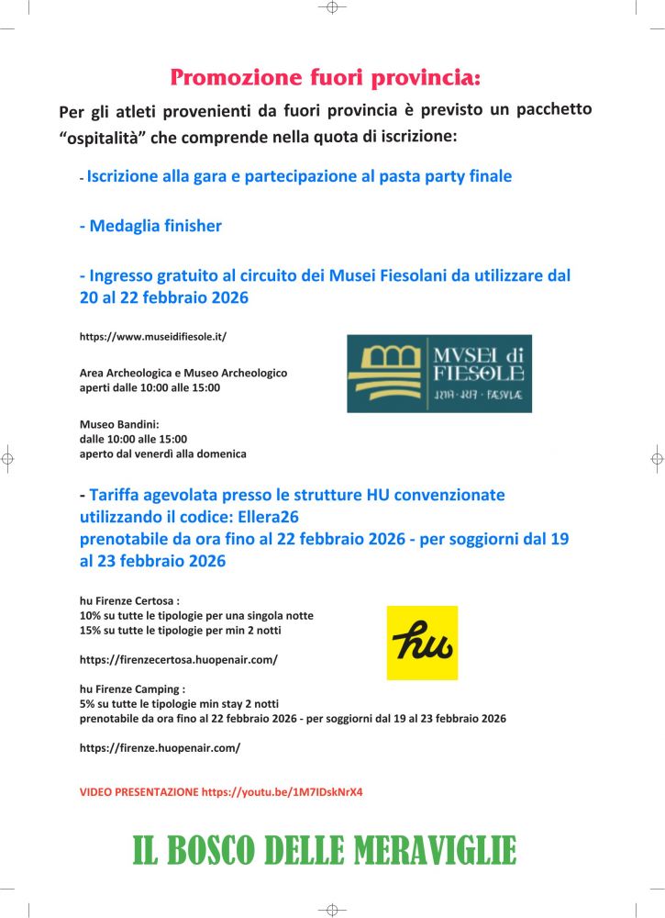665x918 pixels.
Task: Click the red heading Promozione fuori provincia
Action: pyautogui.click(x=325, y=77)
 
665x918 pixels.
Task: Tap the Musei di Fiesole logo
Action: pyautogui.click(x=438, y=373)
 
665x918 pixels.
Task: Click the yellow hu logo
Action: pyautogui.click(x=422, y=643)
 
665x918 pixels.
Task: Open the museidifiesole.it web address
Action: pyautogui.click(x=152, y=337)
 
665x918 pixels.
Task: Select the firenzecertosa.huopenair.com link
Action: pyautogui.click(x=178, y=660)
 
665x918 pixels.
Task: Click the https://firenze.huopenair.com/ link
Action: pyautogui.click(x=160, y=748)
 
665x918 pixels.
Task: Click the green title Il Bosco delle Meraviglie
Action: pyautogui.click(x=325, y=851)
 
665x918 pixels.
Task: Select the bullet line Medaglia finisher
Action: pyautogui.click(x=150, y=226)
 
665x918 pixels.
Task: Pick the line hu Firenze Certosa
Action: pyautogui.click(x=128, y=600)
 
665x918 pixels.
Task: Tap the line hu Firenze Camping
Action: pyautogui.click(x=132, y=688)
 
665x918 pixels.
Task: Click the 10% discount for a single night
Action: pyautogui.click(x=91, y=615)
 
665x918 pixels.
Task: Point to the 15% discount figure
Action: pyautogui.click(x=91, y=630)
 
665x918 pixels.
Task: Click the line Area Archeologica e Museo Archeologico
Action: pyautogui.click(x=183, y=374)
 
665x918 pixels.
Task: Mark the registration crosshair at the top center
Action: pyautogui.click(x=332, y=7)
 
